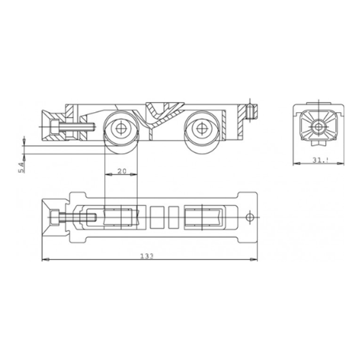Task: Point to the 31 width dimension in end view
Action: pos(320,160)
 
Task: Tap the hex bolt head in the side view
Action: pos(55,127)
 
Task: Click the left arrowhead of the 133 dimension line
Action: pos(44,260)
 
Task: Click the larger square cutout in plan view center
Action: pos(157,217)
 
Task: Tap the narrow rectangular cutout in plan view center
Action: pos(174,217)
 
